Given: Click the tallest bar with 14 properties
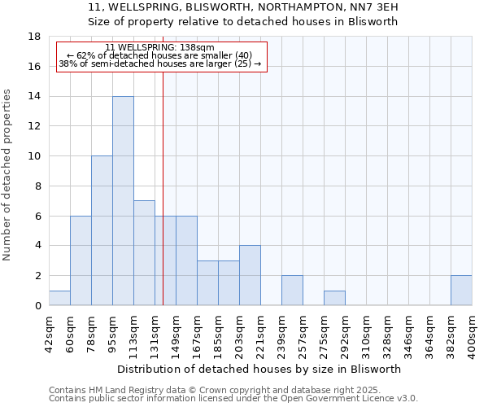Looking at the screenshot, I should [123, 201].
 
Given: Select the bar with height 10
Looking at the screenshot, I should [102, 230].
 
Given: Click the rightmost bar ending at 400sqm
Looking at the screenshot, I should [461, 291].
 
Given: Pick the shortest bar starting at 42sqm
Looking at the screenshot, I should [59, 298].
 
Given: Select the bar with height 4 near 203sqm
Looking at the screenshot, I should [250, 275].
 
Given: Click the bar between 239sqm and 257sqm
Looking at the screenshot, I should [292, 291].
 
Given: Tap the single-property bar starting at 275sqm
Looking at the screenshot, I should [334, 298].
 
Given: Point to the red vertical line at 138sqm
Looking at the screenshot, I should [163, 179].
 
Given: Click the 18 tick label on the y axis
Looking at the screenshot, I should [34, 37].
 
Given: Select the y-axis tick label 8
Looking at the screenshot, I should [37, 186].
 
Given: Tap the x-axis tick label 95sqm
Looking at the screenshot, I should [112, 330].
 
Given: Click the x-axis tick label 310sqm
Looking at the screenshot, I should [366, 331].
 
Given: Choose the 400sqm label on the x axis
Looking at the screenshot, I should [472, 331].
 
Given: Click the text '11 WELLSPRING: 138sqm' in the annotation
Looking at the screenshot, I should [160, 48].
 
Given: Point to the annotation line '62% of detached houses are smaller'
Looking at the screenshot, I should [160, 55].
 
